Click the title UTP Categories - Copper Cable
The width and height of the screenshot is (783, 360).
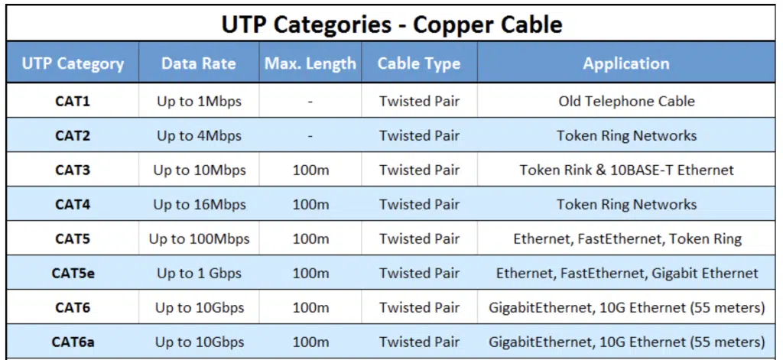[391, 24]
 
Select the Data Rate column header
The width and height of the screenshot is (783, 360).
[199, 63]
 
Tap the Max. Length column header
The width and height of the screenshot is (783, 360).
[310, 63]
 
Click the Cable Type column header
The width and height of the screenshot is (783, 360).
[419, 63]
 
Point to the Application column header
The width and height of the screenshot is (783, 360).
[626, 63]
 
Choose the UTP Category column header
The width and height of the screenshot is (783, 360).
[73, 63]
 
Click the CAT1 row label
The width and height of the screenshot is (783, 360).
[73, 101]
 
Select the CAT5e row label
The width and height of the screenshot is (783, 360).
[73, 273]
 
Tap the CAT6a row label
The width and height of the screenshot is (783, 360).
[73, 342]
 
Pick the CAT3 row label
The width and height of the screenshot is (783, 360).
[73, 170]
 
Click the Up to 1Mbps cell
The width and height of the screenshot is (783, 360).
[199, 101]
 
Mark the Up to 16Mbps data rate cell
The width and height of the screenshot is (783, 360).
[199, 204]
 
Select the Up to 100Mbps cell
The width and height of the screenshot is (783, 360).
[199, 238]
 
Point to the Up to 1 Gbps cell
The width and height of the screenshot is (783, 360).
[199, 273]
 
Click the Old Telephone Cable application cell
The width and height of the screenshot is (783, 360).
[626, 101]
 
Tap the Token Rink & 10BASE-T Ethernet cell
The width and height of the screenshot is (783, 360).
[626, 170]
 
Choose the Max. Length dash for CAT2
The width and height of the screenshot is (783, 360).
[310, 135]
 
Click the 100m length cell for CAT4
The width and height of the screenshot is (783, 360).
[310, 204]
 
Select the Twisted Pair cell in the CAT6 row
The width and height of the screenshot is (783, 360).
[419, 307]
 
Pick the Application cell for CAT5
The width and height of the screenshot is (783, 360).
[626, 238]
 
